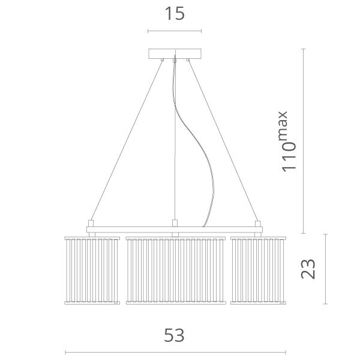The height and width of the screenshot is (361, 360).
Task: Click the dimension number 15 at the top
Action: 175,13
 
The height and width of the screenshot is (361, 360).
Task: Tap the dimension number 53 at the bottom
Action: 174,335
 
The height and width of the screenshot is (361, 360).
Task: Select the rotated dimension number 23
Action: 308,269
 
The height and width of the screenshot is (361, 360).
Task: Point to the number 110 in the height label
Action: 289,157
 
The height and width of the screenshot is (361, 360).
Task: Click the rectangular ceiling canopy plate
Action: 175,53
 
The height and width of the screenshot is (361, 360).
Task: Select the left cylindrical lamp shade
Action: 92,270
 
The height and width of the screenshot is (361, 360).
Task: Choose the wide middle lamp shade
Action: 176,270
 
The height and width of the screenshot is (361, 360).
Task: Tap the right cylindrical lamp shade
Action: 258,270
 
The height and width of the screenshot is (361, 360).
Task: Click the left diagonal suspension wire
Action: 127,140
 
